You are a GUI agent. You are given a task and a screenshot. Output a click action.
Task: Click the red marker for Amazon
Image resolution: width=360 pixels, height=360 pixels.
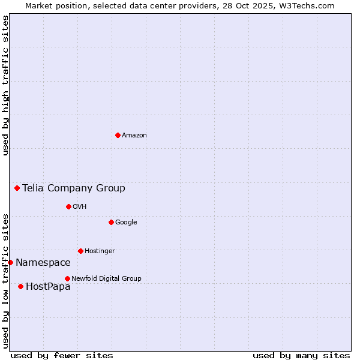click(118, 135)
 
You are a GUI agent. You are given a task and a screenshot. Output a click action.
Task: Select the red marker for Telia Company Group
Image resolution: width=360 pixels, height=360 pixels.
click(17, 188)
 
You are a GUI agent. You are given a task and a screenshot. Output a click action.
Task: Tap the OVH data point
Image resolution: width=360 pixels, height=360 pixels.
click(68, 206)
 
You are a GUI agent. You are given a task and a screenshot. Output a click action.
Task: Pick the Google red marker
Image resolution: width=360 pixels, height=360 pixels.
click(111, 222)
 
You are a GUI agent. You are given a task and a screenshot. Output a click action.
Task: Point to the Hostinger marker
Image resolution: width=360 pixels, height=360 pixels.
click(80, 251)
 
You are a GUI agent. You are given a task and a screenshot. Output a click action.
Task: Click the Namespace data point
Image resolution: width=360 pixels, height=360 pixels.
click(10, 262)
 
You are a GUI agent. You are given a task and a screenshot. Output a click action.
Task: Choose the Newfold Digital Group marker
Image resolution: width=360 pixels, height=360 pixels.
click(67, 278)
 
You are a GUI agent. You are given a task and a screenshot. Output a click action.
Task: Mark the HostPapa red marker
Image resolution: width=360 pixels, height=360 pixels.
click(20, 286)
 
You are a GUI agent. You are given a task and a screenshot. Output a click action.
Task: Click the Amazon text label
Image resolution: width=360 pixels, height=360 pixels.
click(134, 135)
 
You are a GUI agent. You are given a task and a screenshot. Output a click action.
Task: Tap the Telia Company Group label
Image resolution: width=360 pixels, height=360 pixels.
click(74, 188)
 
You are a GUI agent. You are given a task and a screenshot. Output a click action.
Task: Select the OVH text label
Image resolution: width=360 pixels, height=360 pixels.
click(80, 206)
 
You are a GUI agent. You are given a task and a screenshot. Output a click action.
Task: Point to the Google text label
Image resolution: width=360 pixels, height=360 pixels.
click(126, 222)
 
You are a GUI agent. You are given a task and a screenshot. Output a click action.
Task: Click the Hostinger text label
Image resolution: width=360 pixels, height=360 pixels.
click(100, 251)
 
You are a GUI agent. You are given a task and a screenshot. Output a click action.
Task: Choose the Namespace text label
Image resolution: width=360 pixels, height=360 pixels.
click(43, 262)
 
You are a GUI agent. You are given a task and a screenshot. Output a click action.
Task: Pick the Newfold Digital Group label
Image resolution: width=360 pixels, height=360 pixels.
click(106, 278)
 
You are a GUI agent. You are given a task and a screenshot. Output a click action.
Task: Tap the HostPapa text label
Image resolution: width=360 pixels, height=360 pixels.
click(48, 286)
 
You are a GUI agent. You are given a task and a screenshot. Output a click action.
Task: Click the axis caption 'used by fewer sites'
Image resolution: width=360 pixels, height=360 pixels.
click(62, 355)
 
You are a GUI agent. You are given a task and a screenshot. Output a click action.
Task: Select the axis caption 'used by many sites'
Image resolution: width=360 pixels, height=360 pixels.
click(301, 355)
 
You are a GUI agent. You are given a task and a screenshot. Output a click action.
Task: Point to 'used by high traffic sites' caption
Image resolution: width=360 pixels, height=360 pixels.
click(5, 85)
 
